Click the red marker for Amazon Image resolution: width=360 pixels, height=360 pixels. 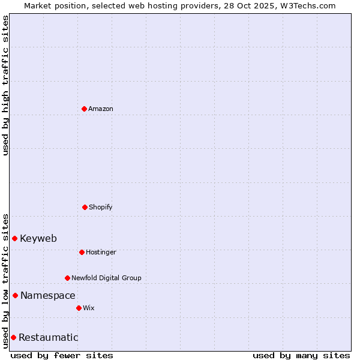tap(84, 109)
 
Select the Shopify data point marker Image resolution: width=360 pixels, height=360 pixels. tap(85, 207)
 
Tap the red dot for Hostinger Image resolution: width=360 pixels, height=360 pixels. tap(82, 252)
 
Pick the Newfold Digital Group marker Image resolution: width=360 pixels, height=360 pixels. tap(67, 278)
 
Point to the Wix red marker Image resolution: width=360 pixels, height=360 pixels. tap(79, 308)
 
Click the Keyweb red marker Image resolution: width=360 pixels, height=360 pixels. tap(14, 238)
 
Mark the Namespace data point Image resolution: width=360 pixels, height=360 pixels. tap(15, 295)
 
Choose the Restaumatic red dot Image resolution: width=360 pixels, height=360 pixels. tap(13, 337)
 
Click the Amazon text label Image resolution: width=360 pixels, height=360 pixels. tap(101, 109)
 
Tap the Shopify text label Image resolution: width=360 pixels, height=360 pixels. tap(101, 207)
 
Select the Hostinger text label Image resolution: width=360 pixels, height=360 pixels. tap(101, 252)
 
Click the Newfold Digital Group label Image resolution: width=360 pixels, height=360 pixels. tap(107, 278)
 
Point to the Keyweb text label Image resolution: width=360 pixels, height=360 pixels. tap(38, 238)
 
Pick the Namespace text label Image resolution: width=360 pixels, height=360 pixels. tap(48, 295)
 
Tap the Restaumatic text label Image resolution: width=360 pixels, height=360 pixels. tap(49, 337)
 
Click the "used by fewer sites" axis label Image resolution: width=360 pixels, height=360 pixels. tap(62, 355)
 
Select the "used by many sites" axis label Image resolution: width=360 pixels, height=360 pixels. tap(301, 355)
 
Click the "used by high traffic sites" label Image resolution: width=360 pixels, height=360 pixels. tap(5, 85)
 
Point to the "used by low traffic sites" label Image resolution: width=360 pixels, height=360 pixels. tap(5, 280)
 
